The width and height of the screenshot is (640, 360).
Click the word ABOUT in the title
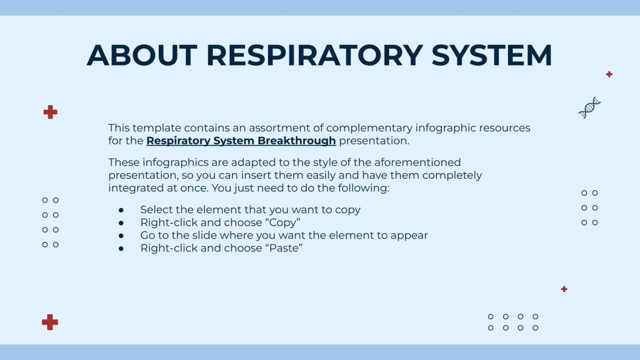pos(142,55)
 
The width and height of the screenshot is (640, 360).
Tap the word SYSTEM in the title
pos(492,55)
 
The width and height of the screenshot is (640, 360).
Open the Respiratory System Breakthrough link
pos(241,141)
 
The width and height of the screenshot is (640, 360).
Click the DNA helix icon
pos(589,108)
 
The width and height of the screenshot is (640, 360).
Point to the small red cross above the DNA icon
pos(609,74)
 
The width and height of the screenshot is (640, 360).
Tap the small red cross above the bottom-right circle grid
pos(564,289)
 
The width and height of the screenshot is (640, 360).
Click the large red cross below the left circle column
pos(50,322)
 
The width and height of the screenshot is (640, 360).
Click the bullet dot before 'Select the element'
pos(121,210)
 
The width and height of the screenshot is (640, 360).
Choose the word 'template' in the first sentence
pos(157,128)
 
